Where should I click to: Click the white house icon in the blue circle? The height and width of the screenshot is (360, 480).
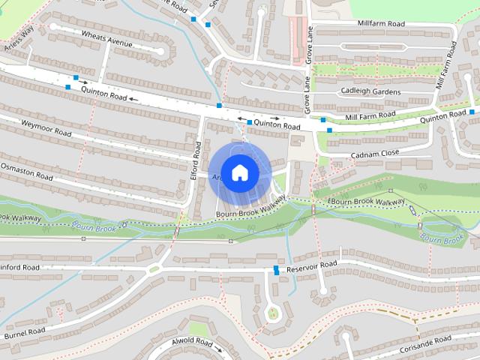239,173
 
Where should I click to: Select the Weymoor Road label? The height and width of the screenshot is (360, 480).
46,128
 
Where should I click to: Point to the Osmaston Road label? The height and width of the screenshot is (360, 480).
27,171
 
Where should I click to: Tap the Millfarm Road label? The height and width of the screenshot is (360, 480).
381,24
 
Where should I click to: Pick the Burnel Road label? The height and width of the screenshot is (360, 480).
25,331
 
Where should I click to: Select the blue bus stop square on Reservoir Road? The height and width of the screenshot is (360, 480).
277,270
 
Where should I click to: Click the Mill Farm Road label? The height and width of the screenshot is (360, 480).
370,115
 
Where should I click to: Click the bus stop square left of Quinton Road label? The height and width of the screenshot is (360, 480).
249,121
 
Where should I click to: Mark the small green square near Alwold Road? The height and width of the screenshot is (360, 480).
198,329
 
